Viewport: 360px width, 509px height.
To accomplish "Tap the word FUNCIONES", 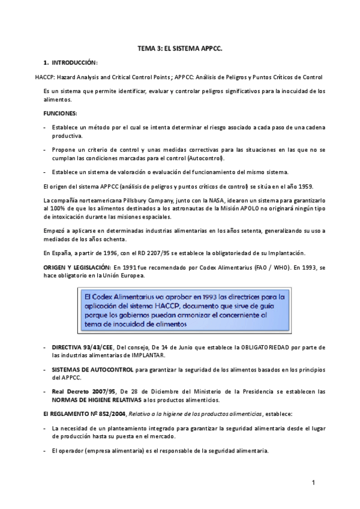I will click(x=60, y=113).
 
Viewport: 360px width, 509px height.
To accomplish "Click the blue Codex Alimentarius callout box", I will click(x=186, y=310).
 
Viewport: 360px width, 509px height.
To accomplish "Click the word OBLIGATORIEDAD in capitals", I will click(x=274, y=348).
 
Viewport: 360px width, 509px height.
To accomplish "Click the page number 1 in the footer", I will click(x=313, y=483).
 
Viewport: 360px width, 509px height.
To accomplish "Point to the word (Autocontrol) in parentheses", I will click(x=204, y=158).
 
